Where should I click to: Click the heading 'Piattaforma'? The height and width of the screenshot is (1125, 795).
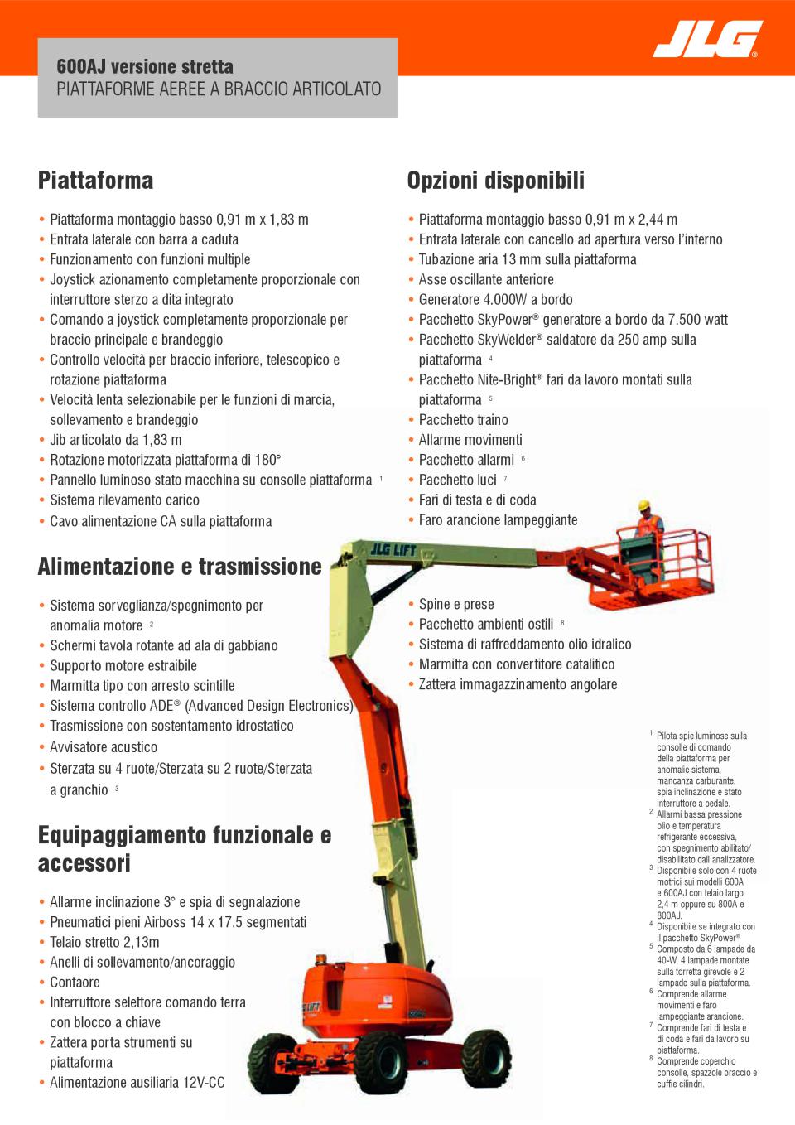click(x=95, y=181)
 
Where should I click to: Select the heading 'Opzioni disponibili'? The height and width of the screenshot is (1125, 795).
click(x=495, y=181)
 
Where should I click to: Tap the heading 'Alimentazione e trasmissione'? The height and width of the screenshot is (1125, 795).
click(x=180, y=567)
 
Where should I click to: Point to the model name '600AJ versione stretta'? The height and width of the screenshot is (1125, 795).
click(x=145, y=66)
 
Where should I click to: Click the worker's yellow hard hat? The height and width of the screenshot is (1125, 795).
click(x=645, y=505)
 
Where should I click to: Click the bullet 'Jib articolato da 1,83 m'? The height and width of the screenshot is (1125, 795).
click(x=116, y=440)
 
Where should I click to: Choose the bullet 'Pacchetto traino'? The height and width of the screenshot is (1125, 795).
click(x=463, y=420)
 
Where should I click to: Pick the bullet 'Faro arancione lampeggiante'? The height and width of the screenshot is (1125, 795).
click(x=498, y=520)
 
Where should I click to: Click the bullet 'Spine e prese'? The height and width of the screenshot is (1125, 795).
click(x=455, y=605)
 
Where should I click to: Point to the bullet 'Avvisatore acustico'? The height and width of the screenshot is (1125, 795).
click(x=104, y=747)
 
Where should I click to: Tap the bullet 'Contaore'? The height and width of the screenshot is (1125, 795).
click(x=75, y=983)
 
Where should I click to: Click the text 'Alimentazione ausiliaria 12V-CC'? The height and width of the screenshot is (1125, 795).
click(x=137, y=1083)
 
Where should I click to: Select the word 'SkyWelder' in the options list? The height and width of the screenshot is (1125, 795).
click(x=508, y=340)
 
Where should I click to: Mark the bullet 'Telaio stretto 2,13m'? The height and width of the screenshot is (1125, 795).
click(x=104, y=942)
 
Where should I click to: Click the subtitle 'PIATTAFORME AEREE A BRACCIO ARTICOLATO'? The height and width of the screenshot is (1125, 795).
click(x=219, y=89)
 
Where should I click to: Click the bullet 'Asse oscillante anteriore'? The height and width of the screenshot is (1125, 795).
click(x=486, y=280)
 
